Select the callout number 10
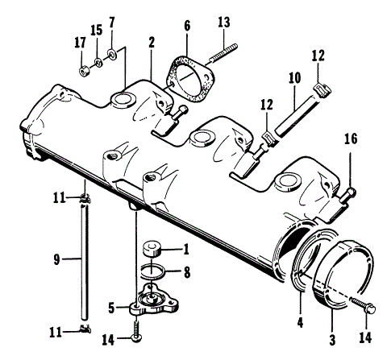[x=293, y=81]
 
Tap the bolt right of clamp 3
[x=364, y=306]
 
